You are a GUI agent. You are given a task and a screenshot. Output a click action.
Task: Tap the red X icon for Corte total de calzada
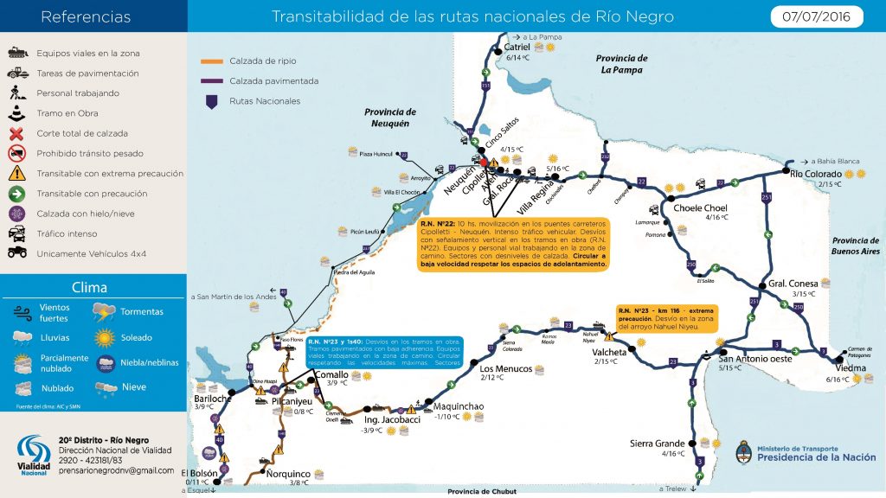[x=16, y=133]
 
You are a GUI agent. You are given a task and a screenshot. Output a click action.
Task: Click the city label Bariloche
[x=212, y=398]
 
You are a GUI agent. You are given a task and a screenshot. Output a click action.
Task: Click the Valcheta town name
[x=611, y=352]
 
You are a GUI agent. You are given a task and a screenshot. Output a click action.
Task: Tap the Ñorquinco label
[x=288, y=474]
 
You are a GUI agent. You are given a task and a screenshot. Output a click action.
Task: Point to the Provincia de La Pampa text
[x=621, y=64]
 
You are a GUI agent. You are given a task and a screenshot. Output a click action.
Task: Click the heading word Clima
[x=90, y=288]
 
